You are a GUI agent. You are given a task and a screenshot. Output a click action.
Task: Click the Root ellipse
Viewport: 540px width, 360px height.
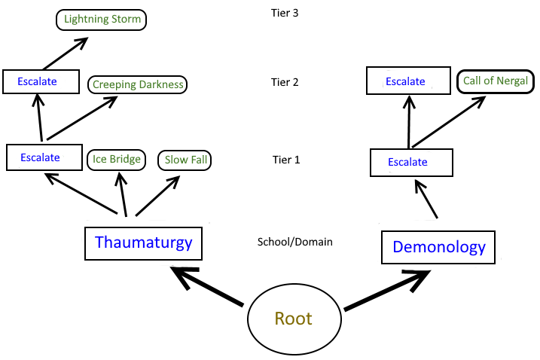[293, 319]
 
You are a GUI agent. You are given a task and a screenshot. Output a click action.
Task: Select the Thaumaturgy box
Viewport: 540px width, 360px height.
[144, 243]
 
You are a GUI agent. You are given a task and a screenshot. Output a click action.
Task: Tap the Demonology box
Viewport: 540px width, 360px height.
[439, 246]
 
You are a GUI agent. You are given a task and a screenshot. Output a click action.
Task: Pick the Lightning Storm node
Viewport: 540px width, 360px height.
[102, 20]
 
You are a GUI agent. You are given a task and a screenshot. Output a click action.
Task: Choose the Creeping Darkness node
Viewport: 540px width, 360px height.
[137, 84]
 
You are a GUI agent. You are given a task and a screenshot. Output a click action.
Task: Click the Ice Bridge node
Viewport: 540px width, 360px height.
[116, 160]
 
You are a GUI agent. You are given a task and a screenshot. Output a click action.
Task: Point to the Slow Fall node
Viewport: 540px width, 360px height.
[185, 160]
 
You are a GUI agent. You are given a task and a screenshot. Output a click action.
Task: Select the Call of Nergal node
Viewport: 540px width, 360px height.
[496, 81]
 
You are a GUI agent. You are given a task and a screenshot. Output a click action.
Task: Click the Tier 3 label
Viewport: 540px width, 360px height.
[285, 13]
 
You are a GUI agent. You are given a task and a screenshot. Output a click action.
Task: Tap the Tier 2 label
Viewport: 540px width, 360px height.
[285, 82]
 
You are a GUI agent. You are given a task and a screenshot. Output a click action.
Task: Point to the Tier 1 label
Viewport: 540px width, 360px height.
[285, 160]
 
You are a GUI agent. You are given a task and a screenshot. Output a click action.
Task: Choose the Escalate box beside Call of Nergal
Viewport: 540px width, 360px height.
[406, 81]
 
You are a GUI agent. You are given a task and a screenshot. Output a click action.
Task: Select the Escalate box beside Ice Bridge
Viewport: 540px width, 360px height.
[44, 158]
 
